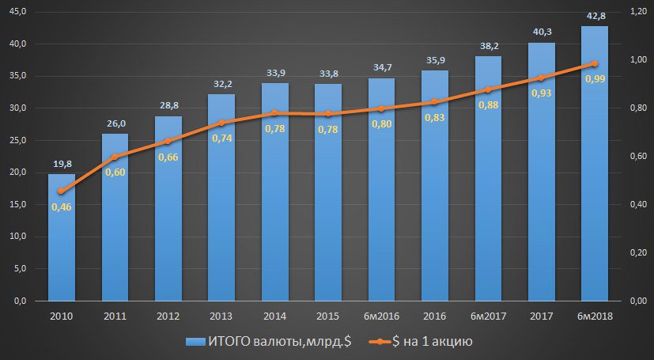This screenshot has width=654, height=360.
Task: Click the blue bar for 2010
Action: point(62,237)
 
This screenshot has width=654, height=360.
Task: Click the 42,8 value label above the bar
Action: point(595,16)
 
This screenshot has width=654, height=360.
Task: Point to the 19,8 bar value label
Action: point(62,164)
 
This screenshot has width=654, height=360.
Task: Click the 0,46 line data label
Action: point(62,207)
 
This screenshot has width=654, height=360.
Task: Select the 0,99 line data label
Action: point(595,78)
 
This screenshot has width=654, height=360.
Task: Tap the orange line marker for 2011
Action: point(115,157)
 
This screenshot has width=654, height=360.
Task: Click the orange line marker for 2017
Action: point(542,78)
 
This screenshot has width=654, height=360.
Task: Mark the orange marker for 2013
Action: point(221,123)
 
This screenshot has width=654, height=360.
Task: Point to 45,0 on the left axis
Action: point(17,11)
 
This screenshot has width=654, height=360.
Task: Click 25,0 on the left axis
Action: point(17,140)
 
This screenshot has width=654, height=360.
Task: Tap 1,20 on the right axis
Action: point(638,11)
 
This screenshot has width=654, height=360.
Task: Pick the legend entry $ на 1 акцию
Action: point(424,341)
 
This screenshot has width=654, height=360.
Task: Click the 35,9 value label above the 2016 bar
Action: point(435,60)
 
